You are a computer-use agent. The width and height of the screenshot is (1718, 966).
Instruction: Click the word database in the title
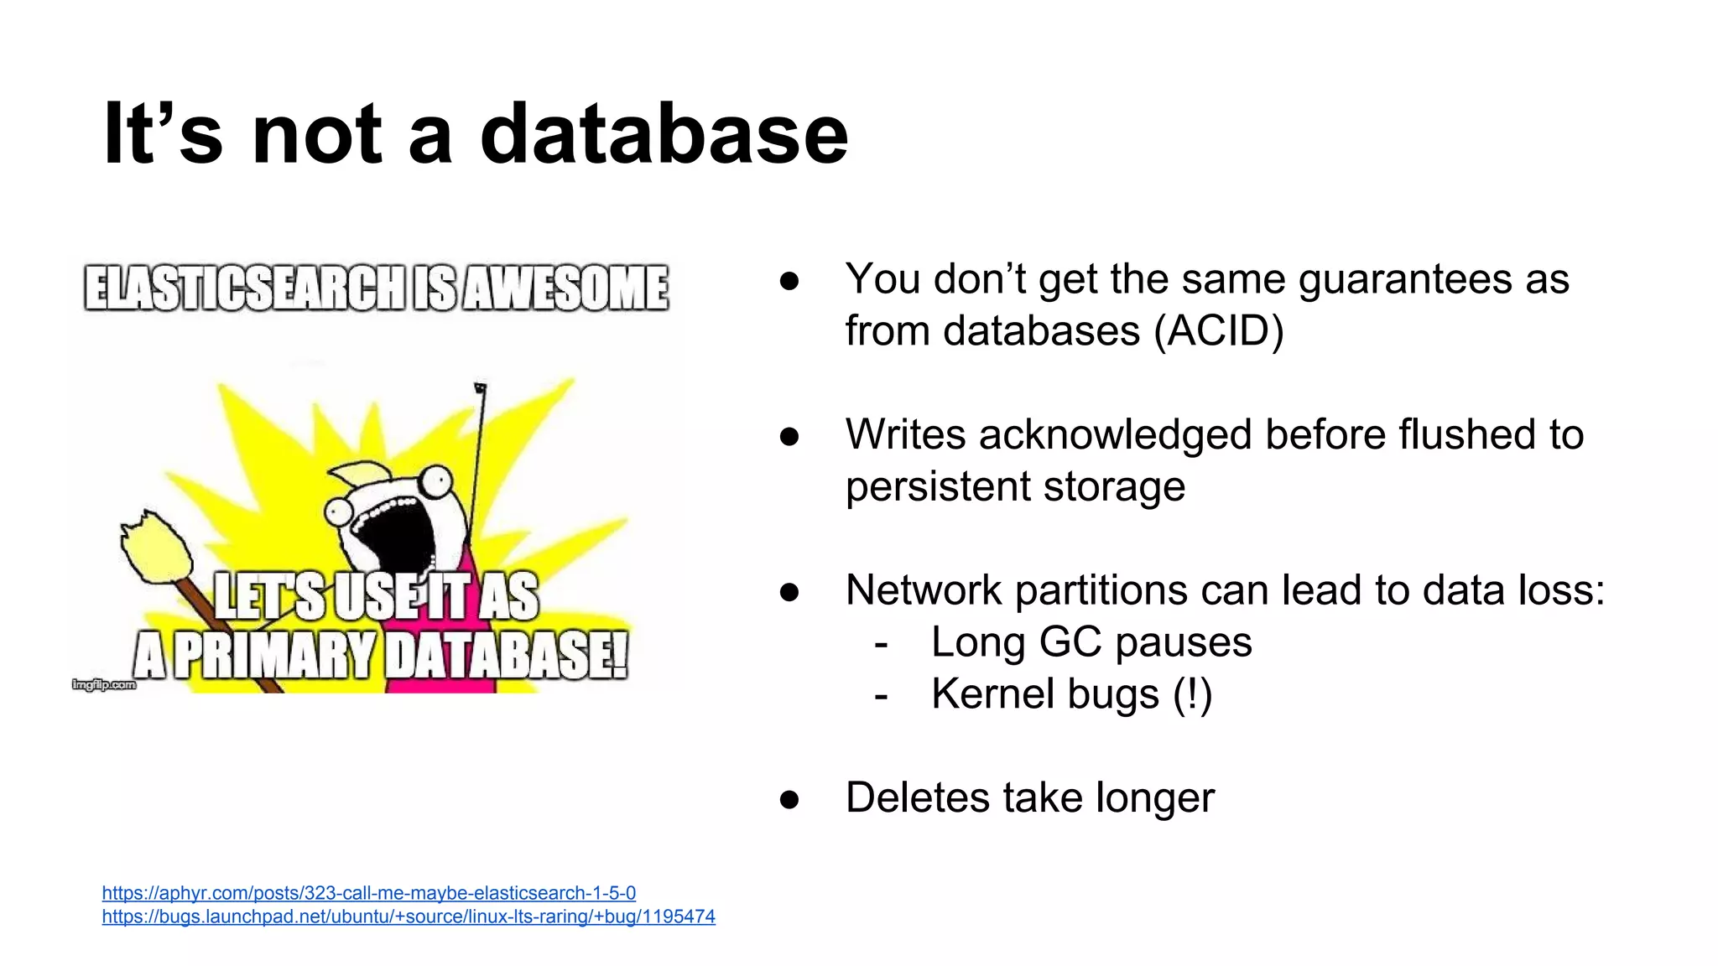pyautogui.click(x=664, y=134)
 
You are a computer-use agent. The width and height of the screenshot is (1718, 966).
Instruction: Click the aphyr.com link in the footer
pyautogui.click(x=368, y=893)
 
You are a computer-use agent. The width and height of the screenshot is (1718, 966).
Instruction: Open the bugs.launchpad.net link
pyautogui.click(x=409, y=917)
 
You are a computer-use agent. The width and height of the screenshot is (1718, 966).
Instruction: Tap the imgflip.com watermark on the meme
pyautogui.click(x=103, y=685)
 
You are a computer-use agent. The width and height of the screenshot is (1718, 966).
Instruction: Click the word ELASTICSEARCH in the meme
pyautogui.click(x=245, y=288)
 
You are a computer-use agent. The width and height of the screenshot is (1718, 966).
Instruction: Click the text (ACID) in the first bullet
pyautogui.click(x=1218, y=330)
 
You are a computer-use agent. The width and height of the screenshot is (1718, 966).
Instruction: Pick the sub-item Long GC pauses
pyautogui.click(x=1091, y=642)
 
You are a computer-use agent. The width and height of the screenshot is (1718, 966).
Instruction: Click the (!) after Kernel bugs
pyautogui.click(x=1192, y=694)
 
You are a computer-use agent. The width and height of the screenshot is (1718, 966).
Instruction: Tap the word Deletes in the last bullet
pyautogui.click(x=917, y=797)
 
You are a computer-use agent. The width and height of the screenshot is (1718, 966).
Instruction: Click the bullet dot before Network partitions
pyautogui.click(x=789, y=592)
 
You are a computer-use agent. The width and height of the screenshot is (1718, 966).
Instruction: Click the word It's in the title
pyautogui.click(x=163, y=134)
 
